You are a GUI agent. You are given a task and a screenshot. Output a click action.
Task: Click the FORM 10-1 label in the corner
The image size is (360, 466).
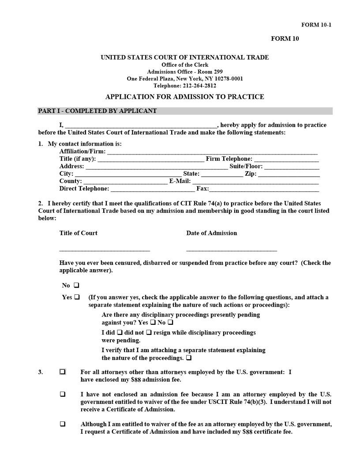tap(316, 25)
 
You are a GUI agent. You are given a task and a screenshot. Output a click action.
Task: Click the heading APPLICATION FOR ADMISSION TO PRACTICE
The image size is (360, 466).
tap(184, 97)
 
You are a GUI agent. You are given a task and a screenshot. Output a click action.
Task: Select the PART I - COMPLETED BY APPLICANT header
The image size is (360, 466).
tap(97, 111)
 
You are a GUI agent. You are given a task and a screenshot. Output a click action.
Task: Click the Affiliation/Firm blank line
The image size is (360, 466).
tap(212, 152)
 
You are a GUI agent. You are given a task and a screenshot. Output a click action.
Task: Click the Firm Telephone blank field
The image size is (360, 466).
tap(286, 159)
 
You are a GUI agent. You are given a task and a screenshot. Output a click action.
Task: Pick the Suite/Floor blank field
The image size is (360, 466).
tap(292, 166)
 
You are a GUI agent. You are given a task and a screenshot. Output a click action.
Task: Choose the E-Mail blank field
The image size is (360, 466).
tap(255, 181)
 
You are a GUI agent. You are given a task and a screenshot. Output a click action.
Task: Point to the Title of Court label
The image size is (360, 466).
tap(79, 233)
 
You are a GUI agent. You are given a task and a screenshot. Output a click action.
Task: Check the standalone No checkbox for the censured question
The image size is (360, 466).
tap(77, 286)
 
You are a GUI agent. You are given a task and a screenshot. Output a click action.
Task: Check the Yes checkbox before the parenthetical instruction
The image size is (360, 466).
tap(77, 297)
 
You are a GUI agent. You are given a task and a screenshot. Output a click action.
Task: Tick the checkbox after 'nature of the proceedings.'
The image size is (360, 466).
tap(189, 358)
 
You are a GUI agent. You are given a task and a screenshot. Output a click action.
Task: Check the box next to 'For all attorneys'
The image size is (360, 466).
tap(63, 372)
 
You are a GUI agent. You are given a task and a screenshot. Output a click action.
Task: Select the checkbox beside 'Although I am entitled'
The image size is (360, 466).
tap(63, 424)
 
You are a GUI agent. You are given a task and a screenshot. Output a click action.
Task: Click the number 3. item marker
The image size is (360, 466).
tap(41, 372)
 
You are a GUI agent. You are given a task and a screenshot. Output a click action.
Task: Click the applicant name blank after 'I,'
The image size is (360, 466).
tap(141, 125)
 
